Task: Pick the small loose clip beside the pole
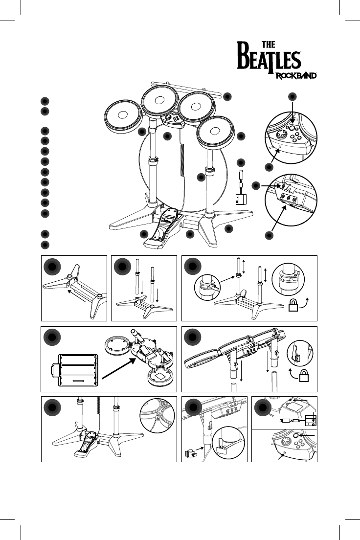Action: pos(193,453)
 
